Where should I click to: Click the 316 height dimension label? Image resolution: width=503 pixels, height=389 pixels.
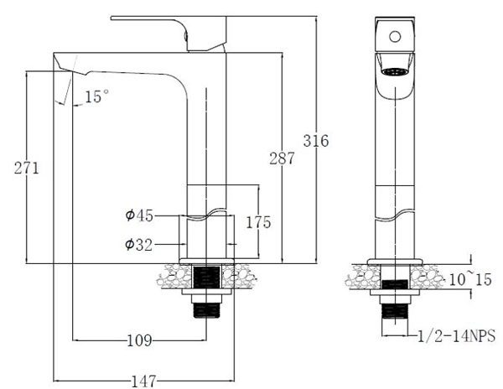[x=316, y=141]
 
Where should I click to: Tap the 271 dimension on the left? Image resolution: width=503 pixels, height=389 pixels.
[x=27, y=168]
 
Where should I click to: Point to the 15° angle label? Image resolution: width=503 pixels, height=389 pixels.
[x=97, y=97]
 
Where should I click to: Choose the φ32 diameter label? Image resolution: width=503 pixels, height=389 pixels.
[x=139, y=245]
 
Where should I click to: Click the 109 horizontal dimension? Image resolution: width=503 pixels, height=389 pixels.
[x=139, y=340]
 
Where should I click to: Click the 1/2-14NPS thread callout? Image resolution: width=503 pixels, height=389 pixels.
[x=458, y=336]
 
